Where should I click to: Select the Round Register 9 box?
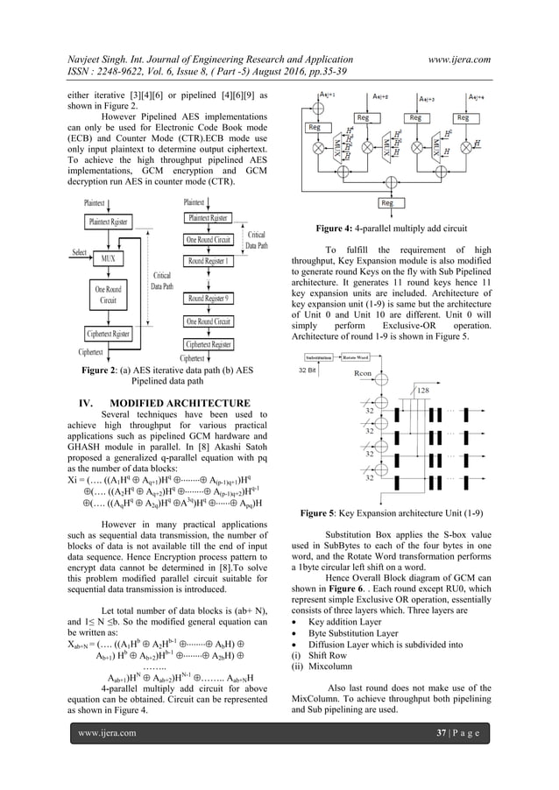209,299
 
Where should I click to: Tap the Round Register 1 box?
209,260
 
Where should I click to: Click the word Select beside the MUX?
81,252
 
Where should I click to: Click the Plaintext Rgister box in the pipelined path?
209,217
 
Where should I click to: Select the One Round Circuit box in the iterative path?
109,293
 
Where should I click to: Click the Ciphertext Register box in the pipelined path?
209,344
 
